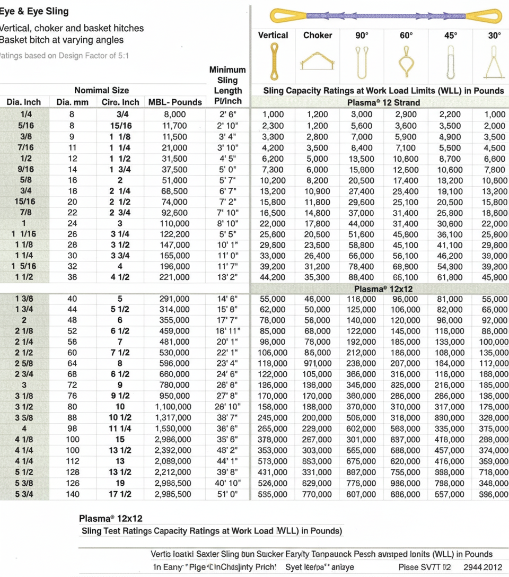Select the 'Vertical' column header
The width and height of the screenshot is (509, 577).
pos(273,36)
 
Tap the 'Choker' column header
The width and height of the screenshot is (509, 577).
pos(318,36)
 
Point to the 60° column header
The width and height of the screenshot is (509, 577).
pos(406,36)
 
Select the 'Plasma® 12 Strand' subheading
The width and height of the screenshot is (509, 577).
pos(383,102)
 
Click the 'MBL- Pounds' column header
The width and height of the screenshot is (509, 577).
pos(175,102)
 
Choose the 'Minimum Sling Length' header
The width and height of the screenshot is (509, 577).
pos(227,85)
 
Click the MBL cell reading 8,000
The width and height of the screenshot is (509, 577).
pos(175,114)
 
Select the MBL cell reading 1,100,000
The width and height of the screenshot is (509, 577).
pos(175,407)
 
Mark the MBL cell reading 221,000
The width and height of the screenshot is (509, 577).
pos(175,277)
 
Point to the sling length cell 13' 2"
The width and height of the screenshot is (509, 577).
pos(227,277)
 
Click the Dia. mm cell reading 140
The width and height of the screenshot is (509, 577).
pos(72,494)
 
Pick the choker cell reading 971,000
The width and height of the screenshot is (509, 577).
pos(317,363)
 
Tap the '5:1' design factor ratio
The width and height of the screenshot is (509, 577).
pos(121,56)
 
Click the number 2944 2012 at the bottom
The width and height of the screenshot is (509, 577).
pos(482,567)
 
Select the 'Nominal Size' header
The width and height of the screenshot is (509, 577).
pos(101,90)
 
